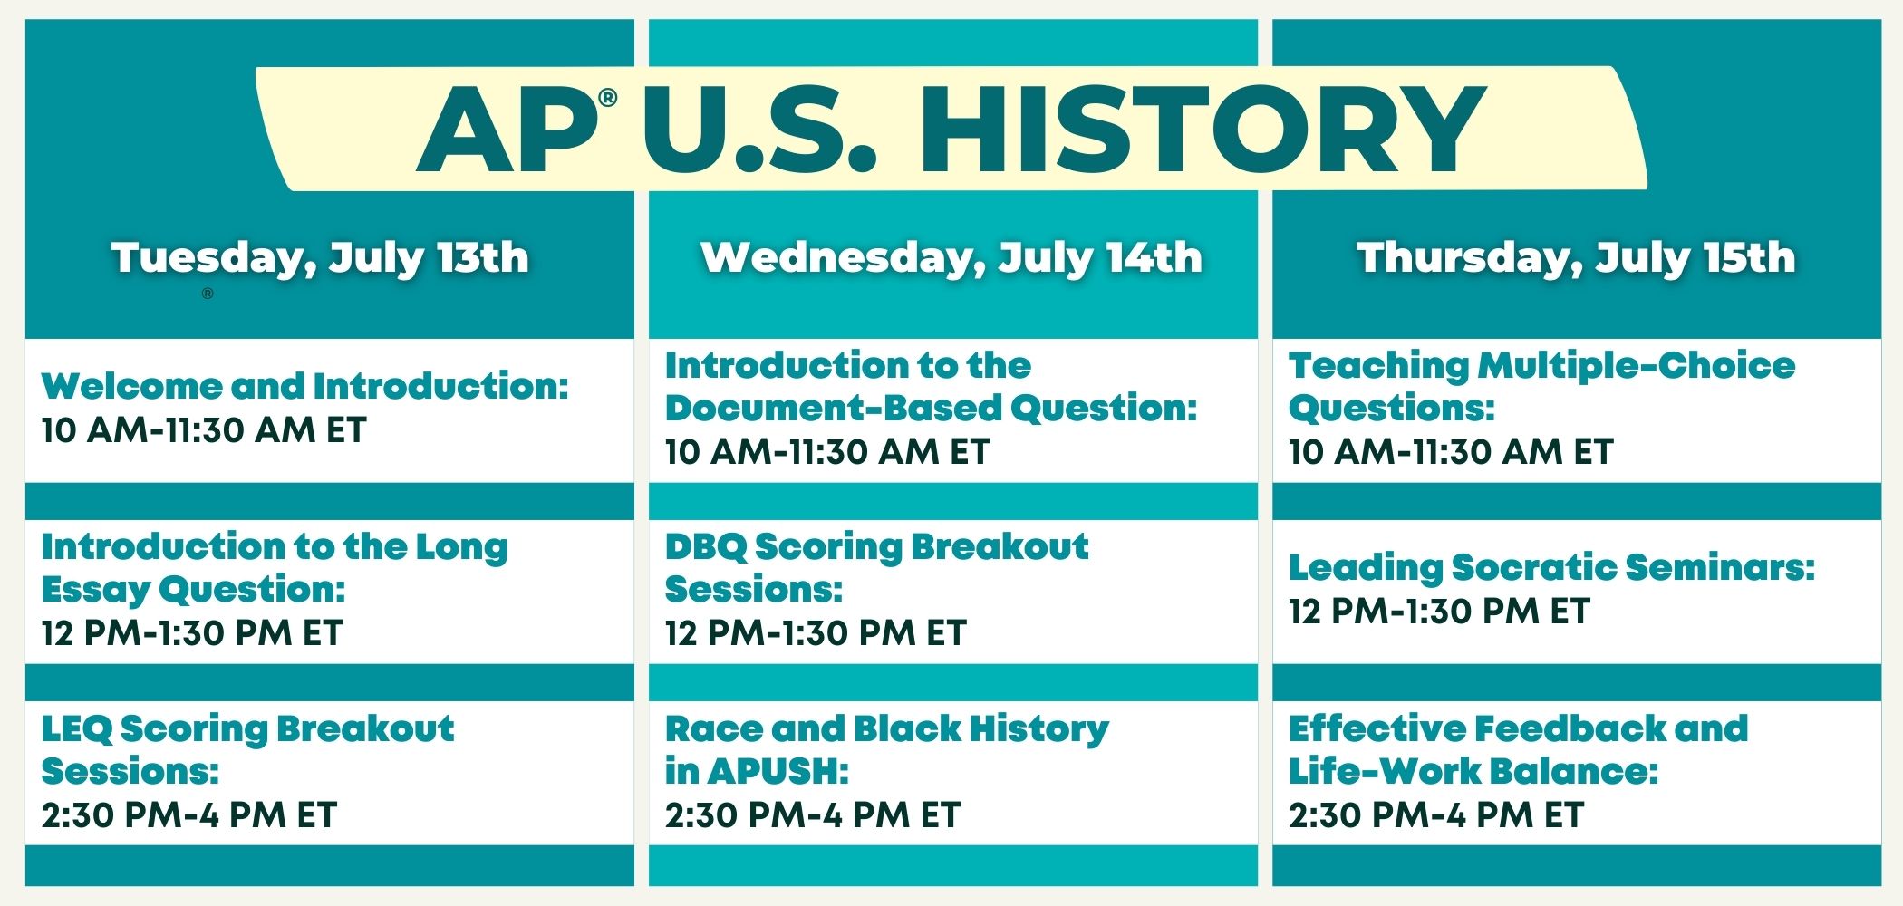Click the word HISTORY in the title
point(1203,129)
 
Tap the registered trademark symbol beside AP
point(607,97)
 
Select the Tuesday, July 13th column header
point(320,257)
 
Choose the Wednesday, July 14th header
point(951,257)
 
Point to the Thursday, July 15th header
point(1576,257)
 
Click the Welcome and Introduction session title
point(305,386)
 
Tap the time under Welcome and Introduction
point(204,430)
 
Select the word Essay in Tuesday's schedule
point(95,590)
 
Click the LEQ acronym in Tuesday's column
point(77,729)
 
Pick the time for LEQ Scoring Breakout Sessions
point(189,815)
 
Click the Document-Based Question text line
point(932,408)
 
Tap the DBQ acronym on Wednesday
point(705,547)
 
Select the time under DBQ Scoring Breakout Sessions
point(816,633)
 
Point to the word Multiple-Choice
point(1637,366)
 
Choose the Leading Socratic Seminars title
point(1552,568)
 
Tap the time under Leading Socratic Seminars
point(1439,612)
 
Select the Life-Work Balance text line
point(1473,772)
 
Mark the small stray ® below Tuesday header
point(208,294)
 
